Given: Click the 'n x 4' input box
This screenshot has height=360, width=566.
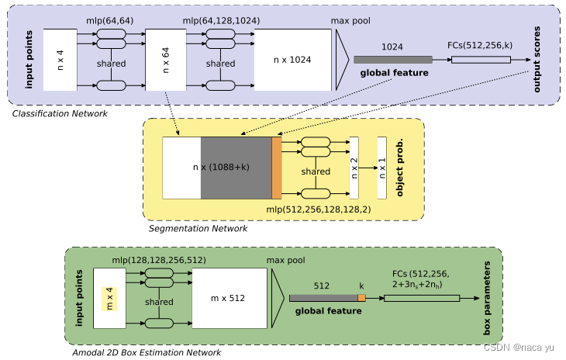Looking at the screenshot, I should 60,60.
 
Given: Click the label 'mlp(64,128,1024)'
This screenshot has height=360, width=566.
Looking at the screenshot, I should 221,20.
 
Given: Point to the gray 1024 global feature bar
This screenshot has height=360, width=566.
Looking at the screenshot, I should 392,60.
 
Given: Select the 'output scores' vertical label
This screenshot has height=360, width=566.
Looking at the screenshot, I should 537,60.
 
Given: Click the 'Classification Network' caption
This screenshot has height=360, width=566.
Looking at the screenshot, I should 60,114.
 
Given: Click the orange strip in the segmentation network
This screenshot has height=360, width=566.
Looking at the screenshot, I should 277,167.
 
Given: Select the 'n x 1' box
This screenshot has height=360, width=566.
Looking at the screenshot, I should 381,167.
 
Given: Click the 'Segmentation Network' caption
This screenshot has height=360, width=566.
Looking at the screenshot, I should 198,228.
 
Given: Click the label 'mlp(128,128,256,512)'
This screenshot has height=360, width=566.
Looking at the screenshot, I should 159,260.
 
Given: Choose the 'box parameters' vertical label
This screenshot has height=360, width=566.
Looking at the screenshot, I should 488,297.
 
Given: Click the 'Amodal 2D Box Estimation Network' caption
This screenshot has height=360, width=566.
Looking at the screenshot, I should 148,352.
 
